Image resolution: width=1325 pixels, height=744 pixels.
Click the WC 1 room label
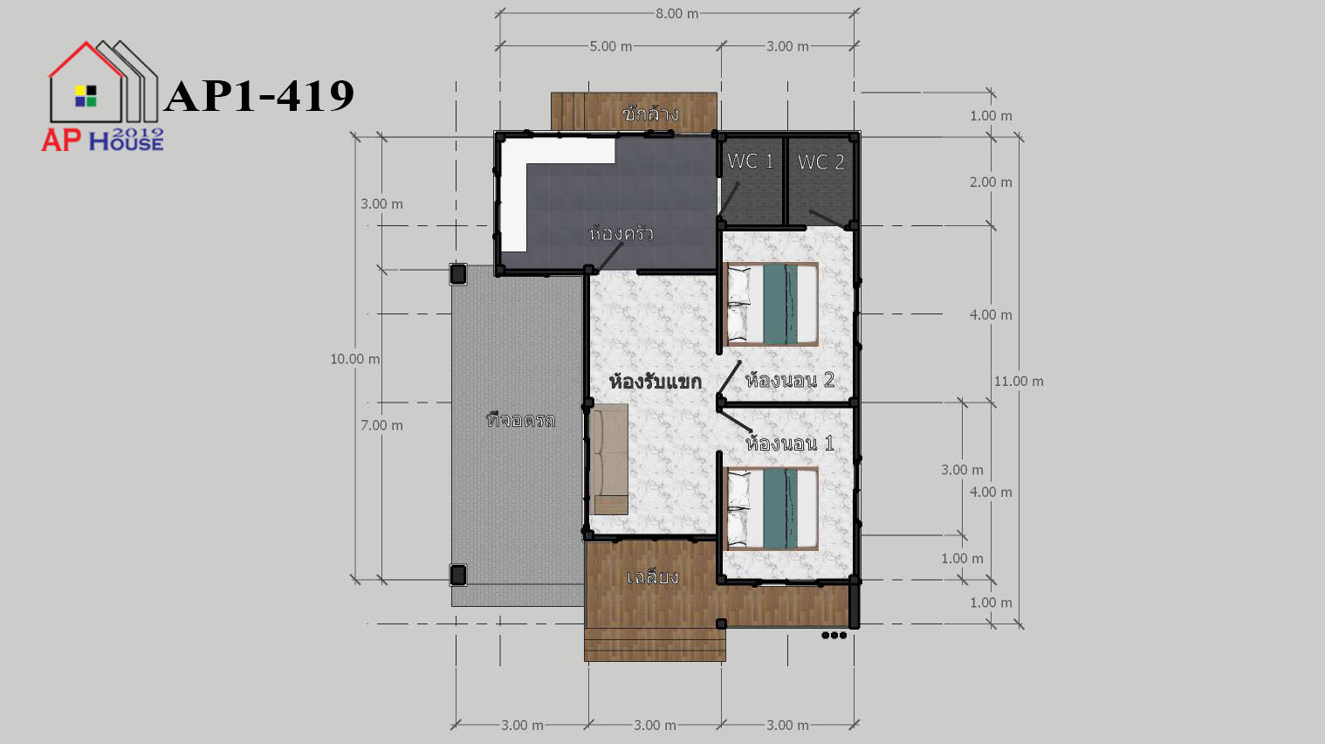(750, 161)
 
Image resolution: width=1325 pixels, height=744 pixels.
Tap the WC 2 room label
(820, 162)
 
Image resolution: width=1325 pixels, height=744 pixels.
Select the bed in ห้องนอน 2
(772, 304)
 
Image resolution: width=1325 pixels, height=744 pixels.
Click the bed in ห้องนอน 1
(772, 508)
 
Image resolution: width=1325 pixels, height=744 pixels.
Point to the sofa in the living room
(609, 458)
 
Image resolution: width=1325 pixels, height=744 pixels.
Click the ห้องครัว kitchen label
(621, 233)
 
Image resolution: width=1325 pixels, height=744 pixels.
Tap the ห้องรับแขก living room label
(656, 382)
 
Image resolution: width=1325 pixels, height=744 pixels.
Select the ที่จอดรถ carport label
(520, 420)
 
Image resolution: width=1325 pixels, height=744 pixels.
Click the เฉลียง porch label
(652, 576)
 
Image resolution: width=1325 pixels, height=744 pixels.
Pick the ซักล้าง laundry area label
(650, 113)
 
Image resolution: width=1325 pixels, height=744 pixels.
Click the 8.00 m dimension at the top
(676, 14)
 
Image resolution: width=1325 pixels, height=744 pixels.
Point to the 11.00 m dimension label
(1019, 382)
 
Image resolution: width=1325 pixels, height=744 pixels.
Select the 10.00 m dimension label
(355, 359)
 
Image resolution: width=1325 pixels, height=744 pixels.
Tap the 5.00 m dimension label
(610, 46)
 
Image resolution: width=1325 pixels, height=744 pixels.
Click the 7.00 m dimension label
(381, 425)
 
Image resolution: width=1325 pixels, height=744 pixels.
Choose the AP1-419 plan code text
(260, 96)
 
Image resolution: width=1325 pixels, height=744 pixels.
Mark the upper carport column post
(458, 274)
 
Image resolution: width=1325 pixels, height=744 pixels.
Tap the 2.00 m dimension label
(991, 183)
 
